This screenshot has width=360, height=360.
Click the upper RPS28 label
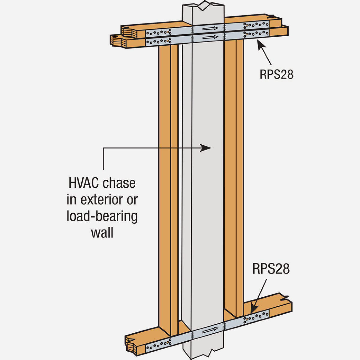click(276, 74)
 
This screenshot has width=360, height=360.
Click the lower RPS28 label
click(271, 269)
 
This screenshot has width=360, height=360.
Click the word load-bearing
click(102, 217)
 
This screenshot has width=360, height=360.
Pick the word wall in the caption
click(102, 233)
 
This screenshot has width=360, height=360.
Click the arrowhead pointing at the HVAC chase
click(207, 148)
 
